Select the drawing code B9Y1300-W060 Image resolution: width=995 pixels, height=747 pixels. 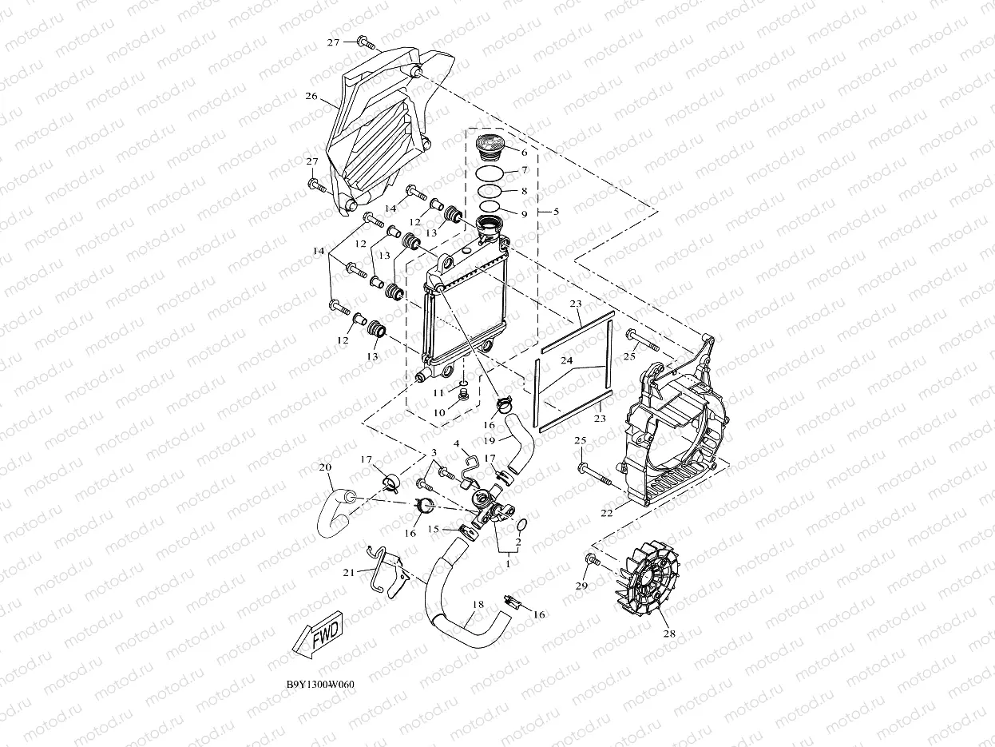point(320,685)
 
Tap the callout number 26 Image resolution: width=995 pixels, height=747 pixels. point(311,97)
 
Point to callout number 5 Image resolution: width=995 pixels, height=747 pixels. point(556,212)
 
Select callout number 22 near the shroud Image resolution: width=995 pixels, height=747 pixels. point(607,512)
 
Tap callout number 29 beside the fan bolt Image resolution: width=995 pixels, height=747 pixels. point(581,586)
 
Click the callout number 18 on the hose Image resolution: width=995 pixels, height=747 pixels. point(477,605)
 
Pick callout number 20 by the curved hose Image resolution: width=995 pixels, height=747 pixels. point(325,466)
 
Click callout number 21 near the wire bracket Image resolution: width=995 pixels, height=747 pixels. point(348,572)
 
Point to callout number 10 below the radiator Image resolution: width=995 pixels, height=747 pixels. point(438,412)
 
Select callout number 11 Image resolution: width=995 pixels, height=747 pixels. point(438,393)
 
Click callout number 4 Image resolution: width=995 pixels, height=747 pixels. point(456,443)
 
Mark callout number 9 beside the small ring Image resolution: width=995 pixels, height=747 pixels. point(524,214)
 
